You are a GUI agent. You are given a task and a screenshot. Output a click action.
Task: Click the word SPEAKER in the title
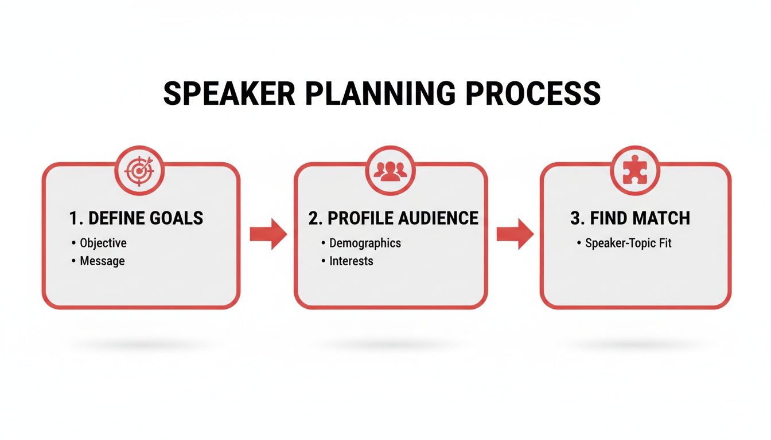pyautogui.click(x=226, y=93)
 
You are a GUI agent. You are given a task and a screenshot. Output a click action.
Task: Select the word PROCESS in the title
pyautogui.click(x=533, y=93)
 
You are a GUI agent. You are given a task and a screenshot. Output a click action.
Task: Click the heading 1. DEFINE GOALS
pyautogui.click(x=136, y=218)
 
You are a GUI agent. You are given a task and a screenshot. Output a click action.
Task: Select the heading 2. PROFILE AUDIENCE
pyautogui.click(x=393, y=218)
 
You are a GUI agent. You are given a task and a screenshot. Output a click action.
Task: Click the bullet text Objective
pyautogui.click(x=103, y=243)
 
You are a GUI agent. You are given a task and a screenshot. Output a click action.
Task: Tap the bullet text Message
pyautogui.click(x=102, y=261)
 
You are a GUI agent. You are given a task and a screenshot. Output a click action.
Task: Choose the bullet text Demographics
pyautogui.click(x=365, y=243)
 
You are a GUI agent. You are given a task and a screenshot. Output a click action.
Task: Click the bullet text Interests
pyautogui.click(x=351, y=261)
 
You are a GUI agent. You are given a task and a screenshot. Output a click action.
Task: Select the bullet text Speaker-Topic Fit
pyautogui.click(x=628, y=243)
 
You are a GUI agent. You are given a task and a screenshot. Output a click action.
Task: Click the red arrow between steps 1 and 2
pyautogui.click(x=268, y=233)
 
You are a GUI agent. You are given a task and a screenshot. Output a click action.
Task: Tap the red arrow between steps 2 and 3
pyautogui.click(x=515, y=233)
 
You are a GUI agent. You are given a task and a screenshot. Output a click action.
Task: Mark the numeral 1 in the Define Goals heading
pyautogui.click(x=73, y=218)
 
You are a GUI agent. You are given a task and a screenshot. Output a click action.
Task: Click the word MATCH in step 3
pyautogui.click(x=663, y=218)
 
